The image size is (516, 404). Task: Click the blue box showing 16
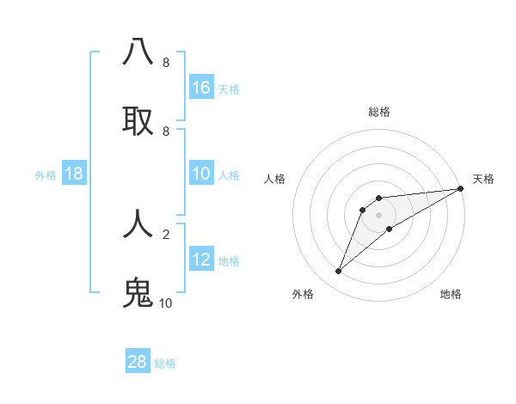pos(201,88)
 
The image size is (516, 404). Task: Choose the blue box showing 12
pos(201,260)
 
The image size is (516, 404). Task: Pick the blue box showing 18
pos(74,174)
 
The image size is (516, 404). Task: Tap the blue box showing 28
pos(138,362)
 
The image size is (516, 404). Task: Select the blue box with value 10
pos(201,174)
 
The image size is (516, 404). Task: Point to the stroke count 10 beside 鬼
pos(165,303)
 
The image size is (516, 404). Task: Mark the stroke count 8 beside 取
pos(165,131)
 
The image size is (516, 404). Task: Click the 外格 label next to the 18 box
pos(46,174)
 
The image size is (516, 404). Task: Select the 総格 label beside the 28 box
pos(165,363)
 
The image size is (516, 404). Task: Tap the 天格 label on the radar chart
pos(483,179)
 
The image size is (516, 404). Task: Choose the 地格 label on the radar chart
pos(451,294)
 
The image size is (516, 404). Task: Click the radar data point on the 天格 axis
pos(460,188)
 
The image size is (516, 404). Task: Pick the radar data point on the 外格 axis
pos(339,272)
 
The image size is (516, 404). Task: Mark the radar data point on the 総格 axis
pos(378,199)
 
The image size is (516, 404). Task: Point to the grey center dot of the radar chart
pos(378,215)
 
